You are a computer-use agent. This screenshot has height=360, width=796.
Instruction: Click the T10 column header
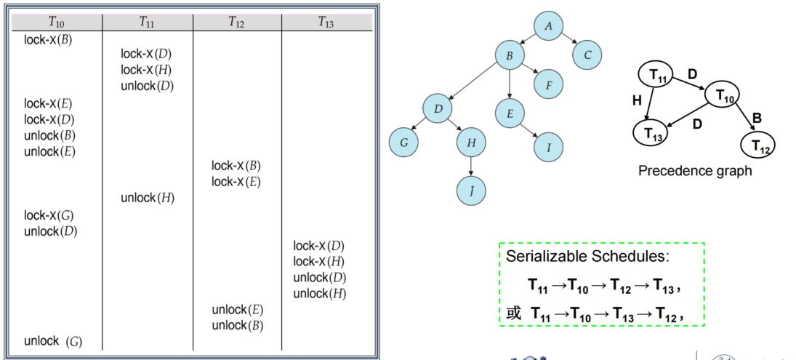pyautogui.click(x=57, y=22)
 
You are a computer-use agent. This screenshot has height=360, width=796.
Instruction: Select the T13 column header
pyautogui.click(x=326, y=22)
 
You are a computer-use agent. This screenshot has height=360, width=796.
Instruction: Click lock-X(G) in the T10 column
pyautogui.click(x=49, y=215)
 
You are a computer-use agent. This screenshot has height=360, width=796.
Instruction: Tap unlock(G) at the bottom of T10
pyautogui.click(x=53, y=341)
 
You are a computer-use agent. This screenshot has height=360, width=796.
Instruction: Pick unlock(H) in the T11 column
pyautogui.click(x=148, y=198)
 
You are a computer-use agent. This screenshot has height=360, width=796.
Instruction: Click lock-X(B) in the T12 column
pyautogui.click(x=236, y=166)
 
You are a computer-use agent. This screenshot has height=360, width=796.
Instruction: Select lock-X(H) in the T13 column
pyautogui.click(x=318, y=262)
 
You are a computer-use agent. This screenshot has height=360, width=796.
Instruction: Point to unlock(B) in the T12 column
pyautogui.click(x=238, y=326)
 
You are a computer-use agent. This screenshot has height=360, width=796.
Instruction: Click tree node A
pyautogui.click(x=548, y=26)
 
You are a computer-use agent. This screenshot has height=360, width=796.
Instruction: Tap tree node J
pyautogui.click(x=471, y=191)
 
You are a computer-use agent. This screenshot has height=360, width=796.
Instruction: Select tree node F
pyautogui.click(x=548, y=84)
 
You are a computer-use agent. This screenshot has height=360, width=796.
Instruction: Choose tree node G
pyautogui.click(x=403, y=142)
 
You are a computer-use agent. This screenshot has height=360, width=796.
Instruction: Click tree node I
pyautogui.click(x=548, y=147)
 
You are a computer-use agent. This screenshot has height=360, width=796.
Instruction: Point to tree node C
pyautogui.click(x=587, y=55)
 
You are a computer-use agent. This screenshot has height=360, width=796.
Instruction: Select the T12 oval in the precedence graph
pyautogui.click(x=758, y=145)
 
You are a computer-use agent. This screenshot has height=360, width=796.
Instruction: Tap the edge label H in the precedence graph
pyautogui.click(x=638, y=100)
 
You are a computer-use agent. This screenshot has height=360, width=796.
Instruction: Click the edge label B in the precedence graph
pyautogui.click(x=757, y=119)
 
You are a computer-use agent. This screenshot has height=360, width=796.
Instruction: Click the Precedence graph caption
pyautogui.click(x=695, y=171)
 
